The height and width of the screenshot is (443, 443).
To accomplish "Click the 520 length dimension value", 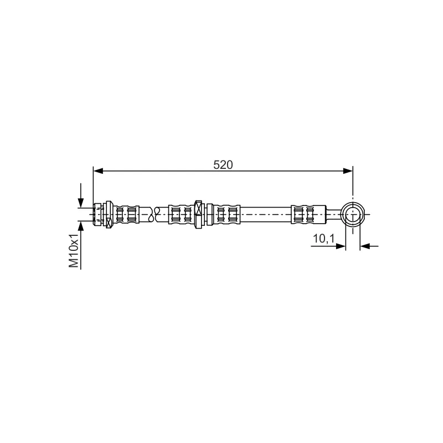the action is pos(223,164).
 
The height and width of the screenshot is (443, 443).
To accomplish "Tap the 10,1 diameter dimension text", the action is pos(323,239).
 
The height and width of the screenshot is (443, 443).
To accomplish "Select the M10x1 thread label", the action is pos(74,250).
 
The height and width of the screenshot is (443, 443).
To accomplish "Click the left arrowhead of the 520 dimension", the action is pos(98,171).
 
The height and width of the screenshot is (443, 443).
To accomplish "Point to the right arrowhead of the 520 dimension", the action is pos(348,171).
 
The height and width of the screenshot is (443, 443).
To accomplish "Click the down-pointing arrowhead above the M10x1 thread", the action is pos(81,203).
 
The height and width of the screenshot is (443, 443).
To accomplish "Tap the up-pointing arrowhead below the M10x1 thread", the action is pos(81,226).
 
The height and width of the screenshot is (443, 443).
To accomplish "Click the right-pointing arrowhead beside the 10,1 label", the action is pos(341,246).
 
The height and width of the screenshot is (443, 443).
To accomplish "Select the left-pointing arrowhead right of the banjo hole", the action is pos(365,246).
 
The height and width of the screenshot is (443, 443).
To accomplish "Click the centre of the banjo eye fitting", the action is pos(353,214).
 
